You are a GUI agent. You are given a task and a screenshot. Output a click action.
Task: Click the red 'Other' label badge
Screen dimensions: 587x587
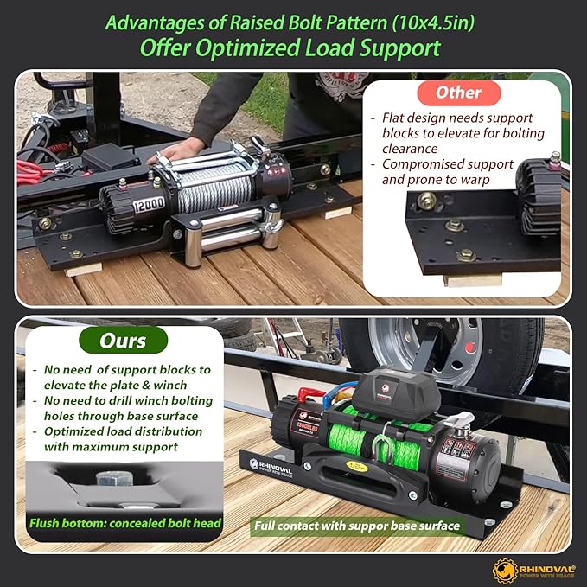point(459,93)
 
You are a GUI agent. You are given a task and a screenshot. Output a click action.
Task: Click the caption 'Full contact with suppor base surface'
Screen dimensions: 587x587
point(356,525)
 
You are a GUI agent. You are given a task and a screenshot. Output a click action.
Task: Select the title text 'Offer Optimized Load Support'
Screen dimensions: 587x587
point(292,47)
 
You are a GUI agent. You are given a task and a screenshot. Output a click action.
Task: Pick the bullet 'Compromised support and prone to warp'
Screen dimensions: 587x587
point(448,171)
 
